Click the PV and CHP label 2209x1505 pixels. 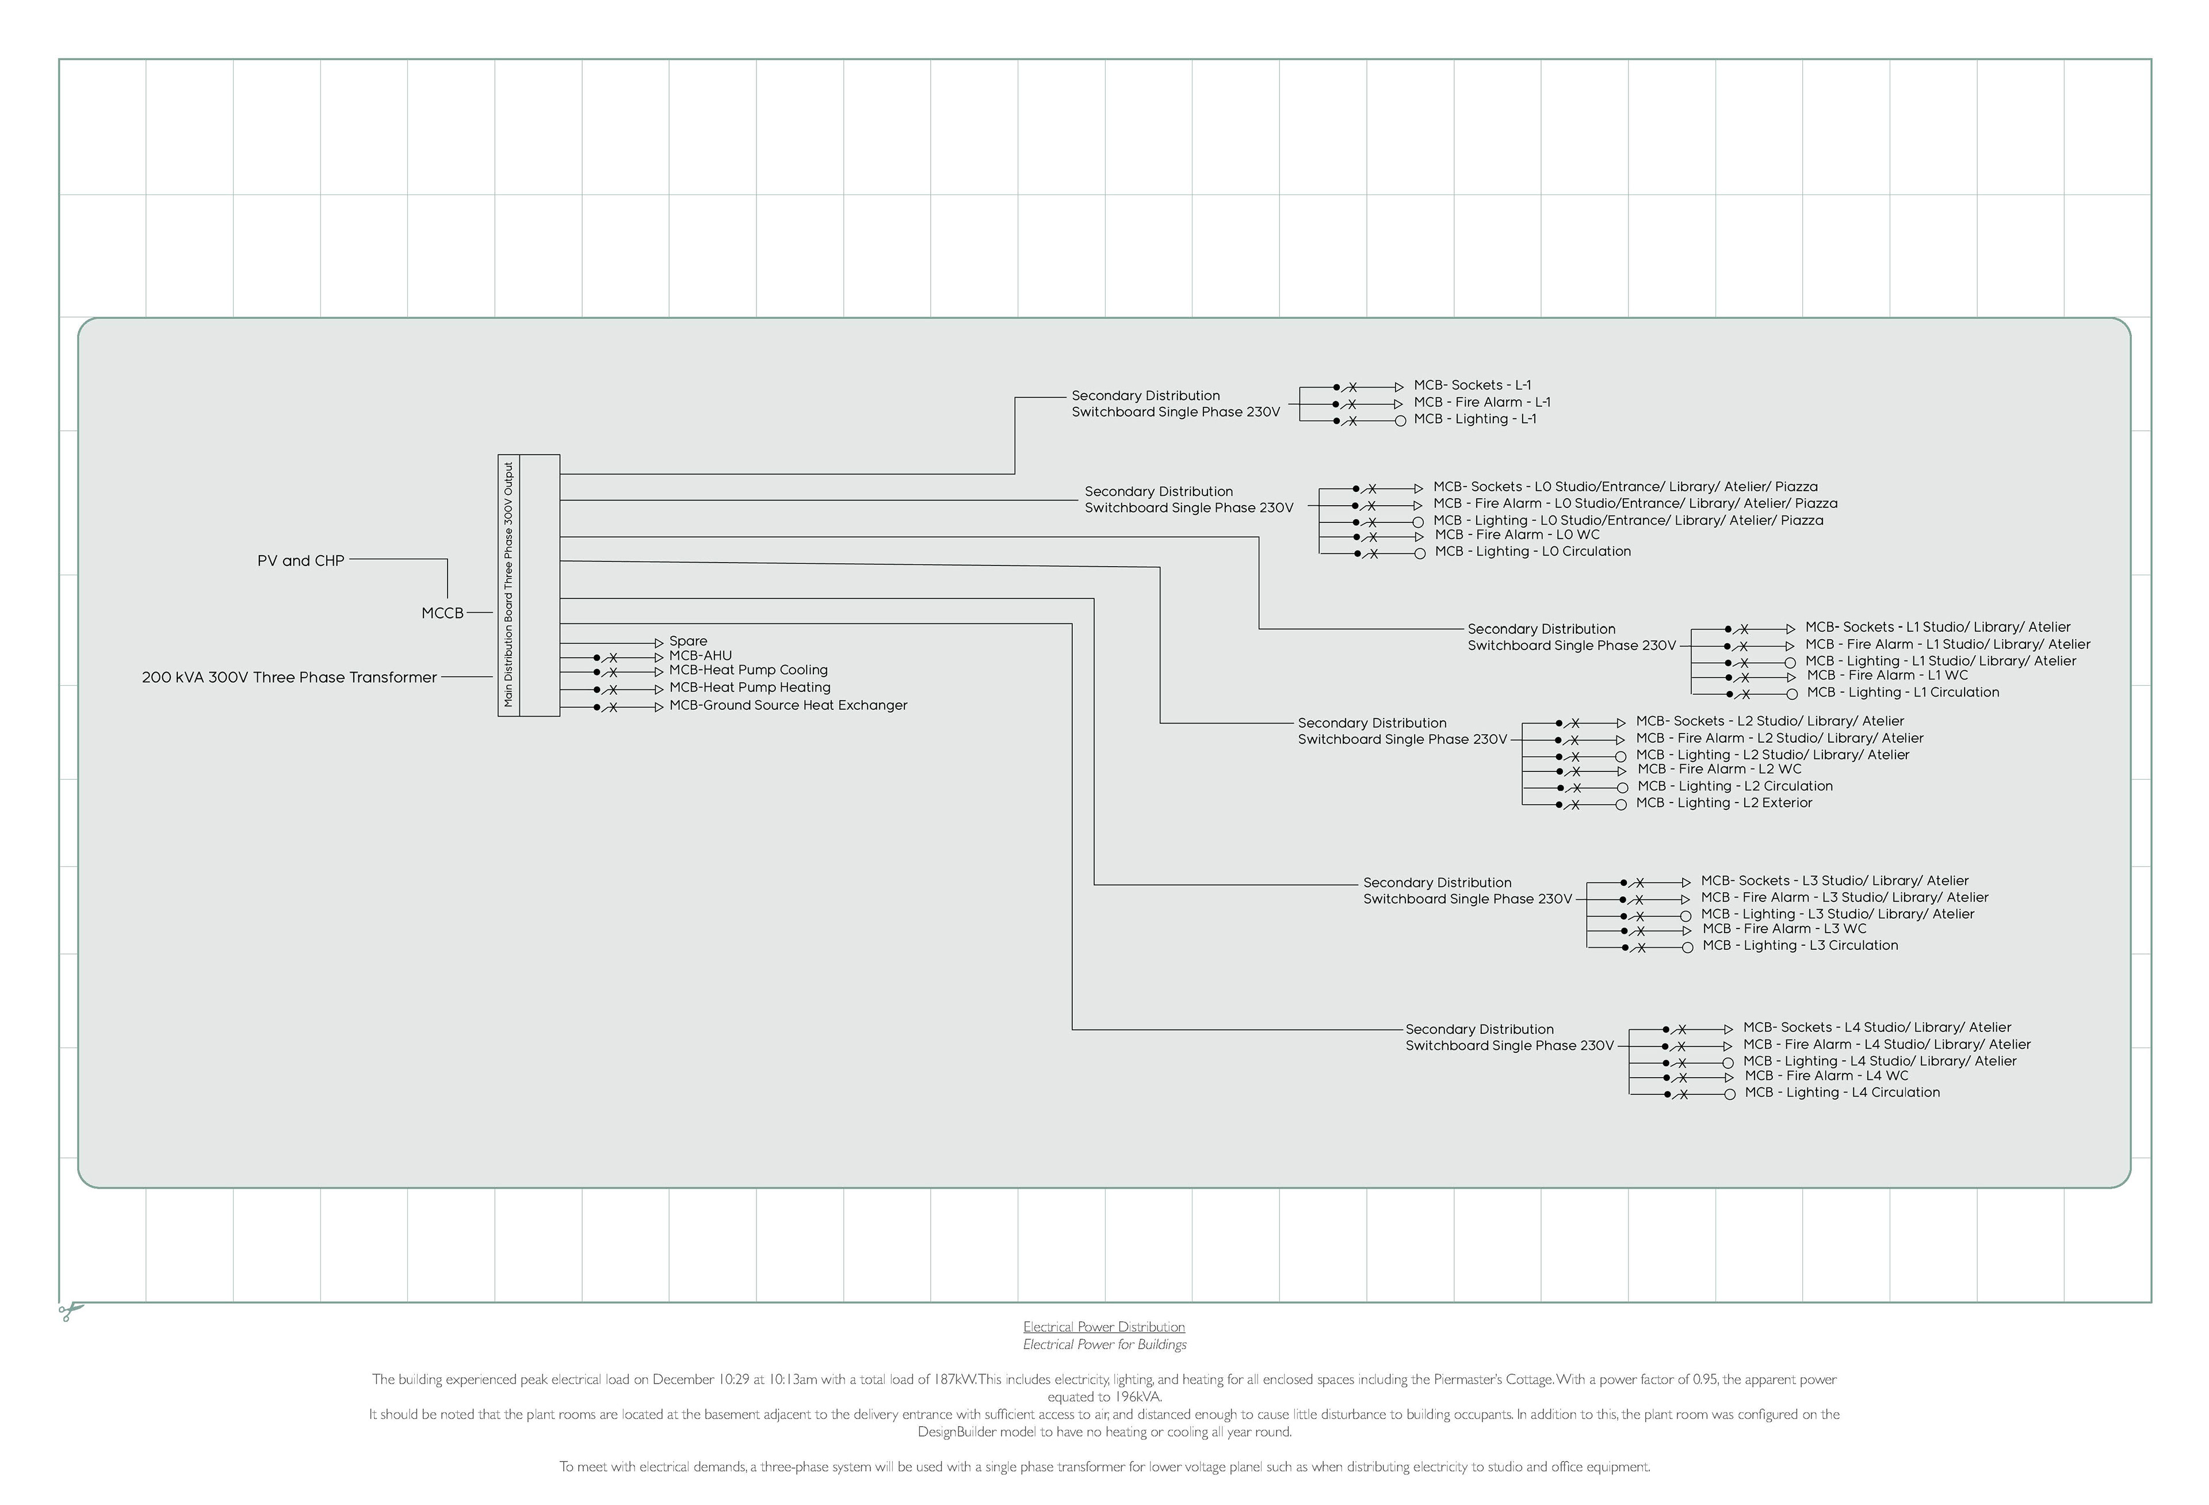[x=300, y=561]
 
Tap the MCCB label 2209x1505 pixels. [x=442, y=613]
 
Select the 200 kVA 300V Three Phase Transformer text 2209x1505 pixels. [x=289, y=678]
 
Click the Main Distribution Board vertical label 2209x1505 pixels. [x=509, y=585]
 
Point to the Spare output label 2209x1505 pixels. [x=688, y=641]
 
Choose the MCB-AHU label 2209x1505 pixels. [x=701, y=656]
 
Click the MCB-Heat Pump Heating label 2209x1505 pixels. [x=750, y=687]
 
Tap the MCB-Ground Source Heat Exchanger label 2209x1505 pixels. [x=788, y=705]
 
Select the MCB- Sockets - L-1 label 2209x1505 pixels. [x=1472, y=385]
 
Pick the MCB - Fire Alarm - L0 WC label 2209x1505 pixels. [x=1517, y=534]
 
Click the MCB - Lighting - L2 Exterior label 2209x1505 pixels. [x=1724, y=803]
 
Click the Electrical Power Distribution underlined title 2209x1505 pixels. [x=1103, y=1326]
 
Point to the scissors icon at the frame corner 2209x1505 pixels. [x=70, y=1312]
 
